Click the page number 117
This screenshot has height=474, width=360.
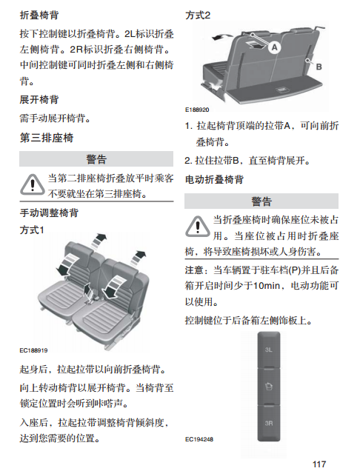coord(319,464)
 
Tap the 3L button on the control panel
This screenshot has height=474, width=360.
coord(269,350)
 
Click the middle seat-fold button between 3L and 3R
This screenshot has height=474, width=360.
coord(269,387)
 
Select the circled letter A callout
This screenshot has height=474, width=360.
coord(275,47)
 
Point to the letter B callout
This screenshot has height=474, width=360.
coord(319,67)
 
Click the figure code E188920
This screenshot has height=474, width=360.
coord(197,110)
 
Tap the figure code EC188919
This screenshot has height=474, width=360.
coord(33,350)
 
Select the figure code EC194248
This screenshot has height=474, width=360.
coord(199,439)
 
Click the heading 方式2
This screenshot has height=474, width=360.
coord(198,15)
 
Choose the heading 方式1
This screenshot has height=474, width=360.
coord(32,230)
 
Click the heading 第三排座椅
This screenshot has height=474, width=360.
coord(47,138)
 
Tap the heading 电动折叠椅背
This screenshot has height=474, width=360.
coord(214,179)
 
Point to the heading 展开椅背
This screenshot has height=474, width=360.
coord(39,99)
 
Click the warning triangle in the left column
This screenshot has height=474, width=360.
coord(33,184)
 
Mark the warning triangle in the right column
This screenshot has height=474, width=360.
coord(197,227)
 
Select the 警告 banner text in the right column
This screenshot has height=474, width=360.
coord(261,201)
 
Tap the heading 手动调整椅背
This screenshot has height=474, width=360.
coord(49,213)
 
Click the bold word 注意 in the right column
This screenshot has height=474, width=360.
coord(194,270)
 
